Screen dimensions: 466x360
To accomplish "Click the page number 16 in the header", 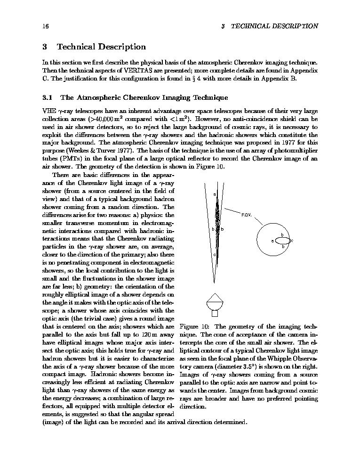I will (45, 26).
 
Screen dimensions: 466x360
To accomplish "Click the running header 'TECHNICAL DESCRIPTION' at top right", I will (274, 26).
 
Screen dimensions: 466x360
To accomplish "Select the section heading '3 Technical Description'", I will (94, 47).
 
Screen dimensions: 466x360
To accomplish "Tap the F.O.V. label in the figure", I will (246, 215).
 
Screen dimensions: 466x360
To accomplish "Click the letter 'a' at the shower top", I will (214, 194).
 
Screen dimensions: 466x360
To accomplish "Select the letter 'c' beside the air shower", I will (214, 255).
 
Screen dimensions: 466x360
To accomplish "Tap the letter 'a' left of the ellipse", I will (273, 241).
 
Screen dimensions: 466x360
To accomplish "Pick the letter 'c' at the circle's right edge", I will (292, 241).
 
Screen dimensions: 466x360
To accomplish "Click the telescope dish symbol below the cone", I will (215, 301).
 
